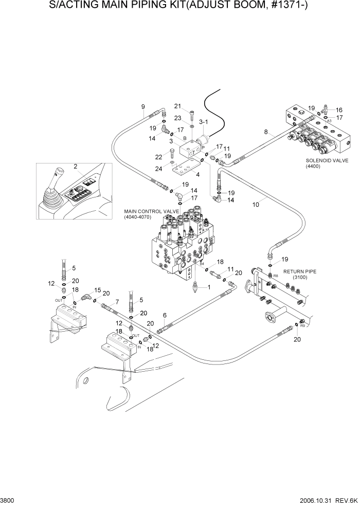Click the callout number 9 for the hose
(x=143, y=107)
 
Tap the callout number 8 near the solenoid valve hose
(x=266, y=132)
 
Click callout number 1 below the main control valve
(x=209, y=287)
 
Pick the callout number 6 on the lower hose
(x=165, y=315)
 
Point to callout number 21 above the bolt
(x=178, y=106)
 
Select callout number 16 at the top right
(x=339, y=110)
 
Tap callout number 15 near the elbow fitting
(x=98, y=290)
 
